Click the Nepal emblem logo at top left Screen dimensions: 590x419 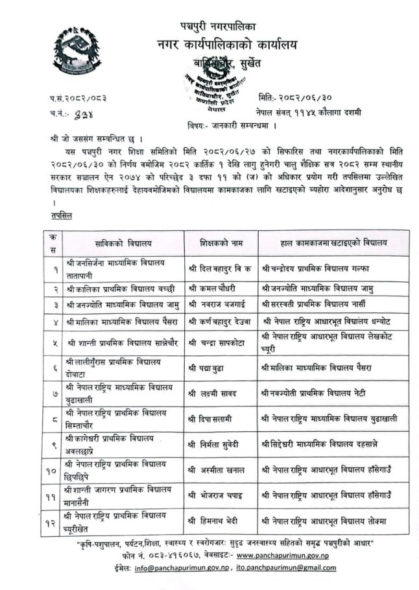77,50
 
